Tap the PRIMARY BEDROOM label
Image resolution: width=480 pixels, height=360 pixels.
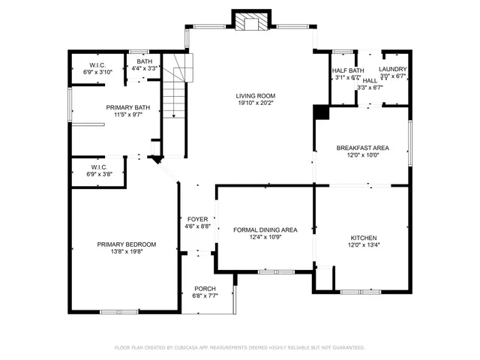[126, 244]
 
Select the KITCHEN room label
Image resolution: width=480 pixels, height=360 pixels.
[362, 237]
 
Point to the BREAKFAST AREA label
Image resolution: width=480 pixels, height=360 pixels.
[362, 148]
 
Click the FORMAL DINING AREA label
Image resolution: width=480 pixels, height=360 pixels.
[266, 229]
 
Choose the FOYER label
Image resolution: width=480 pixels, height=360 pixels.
[197, 219]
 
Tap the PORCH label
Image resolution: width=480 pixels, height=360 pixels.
[205, 289]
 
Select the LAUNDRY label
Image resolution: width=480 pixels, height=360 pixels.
[392, 70]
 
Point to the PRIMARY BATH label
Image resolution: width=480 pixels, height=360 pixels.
[127, 108]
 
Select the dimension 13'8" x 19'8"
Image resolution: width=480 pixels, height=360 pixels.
[126, 252]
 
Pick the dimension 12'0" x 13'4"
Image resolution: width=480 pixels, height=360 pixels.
[362, 244]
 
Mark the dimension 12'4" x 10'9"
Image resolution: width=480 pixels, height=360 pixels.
[266, 237]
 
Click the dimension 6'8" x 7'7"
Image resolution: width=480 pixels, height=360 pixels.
[205, 296]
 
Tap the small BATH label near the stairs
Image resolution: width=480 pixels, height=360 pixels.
[143, 61]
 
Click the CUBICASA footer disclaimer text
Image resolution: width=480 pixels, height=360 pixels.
[239, 347]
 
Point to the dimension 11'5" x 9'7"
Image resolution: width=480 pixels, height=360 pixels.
[127, 115]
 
